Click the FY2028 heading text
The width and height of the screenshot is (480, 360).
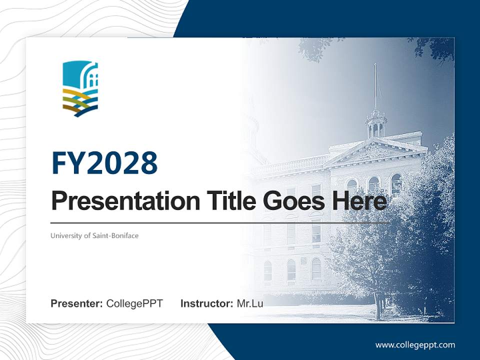104,163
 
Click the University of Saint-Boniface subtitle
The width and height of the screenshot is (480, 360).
94,235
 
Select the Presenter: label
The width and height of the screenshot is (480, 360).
77,303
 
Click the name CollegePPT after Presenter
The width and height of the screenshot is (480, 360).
134,303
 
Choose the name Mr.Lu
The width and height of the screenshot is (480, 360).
250,303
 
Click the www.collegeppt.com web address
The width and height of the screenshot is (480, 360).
415,344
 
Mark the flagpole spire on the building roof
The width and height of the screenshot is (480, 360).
375,85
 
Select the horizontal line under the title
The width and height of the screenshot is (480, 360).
220,222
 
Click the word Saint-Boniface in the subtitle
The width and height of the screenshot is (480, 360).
115,235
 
